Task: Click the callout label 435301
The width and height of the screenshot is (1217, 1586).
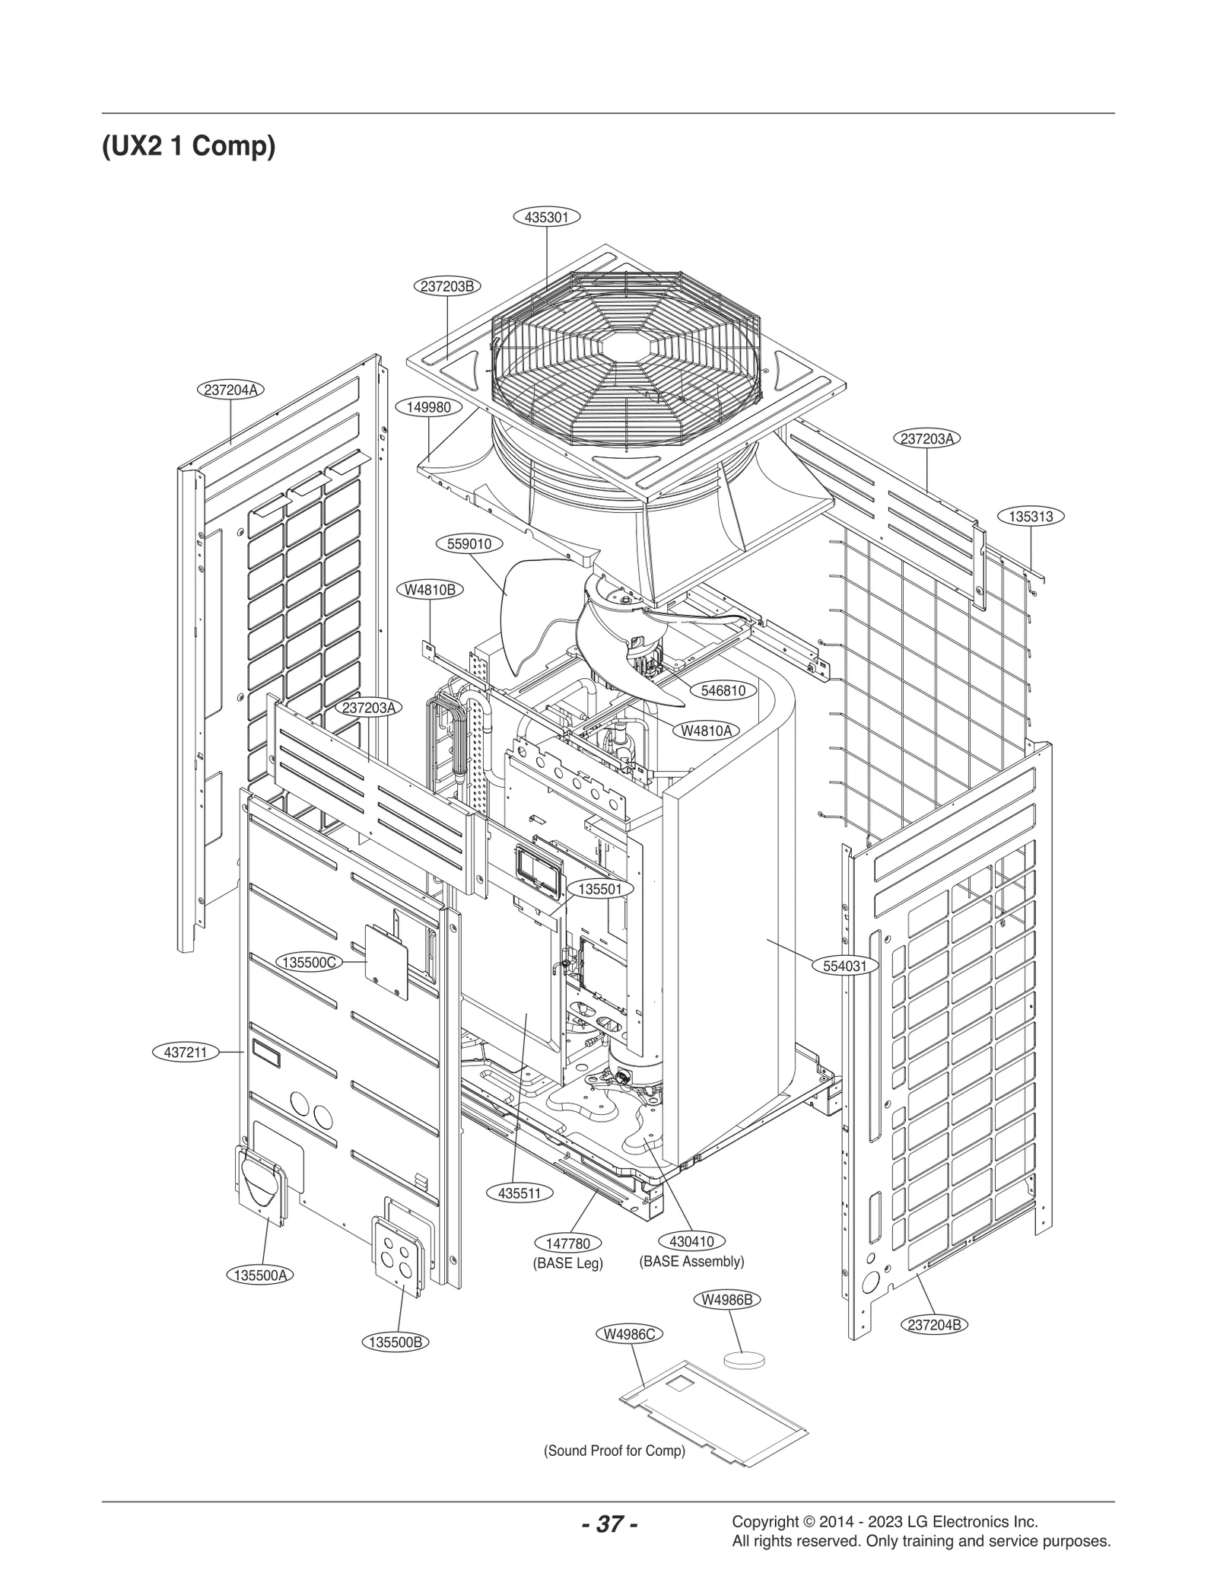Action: (x=547, y=217)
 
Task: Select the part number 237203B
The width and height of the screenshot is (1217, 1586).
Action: (x=448, y=286)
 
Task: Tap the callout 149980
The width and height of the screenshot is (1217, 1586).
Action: (x=429, y=407)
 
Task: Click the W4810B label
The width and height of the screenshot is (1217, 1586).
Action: (x=431, y=589)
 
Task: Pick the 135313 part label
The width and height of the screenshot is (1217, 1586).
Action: (x=1031, y=516)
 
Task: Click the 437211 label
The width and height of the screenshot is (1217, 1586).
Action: (x=186, y=1053)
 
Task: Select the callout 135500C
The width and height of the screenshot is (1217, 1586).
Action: (x=309, y=962)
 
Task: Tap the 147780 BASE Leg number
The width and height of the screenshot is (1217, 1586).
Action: (x=568, y=1244)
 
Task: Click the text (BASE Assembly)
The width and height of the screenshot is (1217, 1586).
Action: (x=691, y=1261)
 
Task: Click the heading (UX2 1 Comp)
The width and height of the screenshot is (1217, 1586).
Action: (x=189, y=145)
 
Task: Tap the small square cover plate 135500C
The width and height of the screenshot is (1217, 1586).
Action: (x=386, y=962)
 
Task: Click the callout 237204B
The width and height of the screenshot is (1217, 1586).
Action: (x=935, y=1324)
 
